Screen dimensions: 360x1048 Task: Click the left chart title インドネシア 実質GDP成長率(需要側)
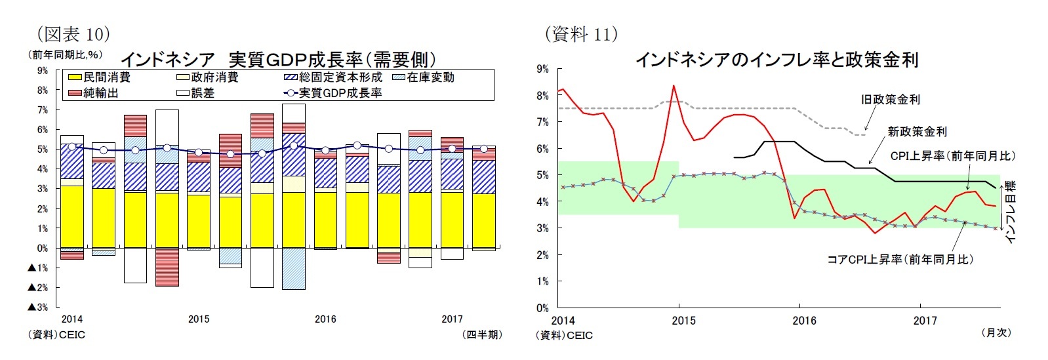coord(278,60)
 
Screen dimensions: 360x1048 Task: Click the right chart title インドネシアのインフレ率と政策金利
coord(776,60)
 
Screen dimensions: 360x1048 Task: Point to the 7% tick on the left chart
coord(43,110)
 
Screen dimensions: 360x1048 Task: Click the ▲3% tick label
coord(38,307)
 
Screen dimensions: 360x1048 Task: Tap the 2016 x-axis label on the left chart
coord(325,319)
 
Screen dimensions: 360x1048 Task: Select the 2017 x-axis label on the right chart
coord(925,321)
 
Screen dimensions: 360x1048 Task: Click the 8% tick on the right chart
coord(542,96)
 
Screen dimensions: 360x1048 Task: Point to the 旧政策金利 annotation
coord(890,100)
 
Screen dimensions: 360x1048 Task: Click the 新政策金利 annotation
coord(917,132)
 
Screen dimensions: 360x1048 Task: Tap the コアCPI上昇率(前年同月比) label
coord(900,260)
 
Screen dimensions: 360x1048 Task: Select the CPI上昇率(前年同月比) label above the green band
coord(952,156)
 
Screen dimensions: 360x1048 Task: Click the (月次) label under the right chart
coord(996,333)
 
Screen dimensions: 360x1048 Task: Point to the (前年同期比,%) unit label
coord(64,55)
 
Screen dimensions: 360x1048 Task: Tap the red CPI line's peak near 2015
coord(674,86)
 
